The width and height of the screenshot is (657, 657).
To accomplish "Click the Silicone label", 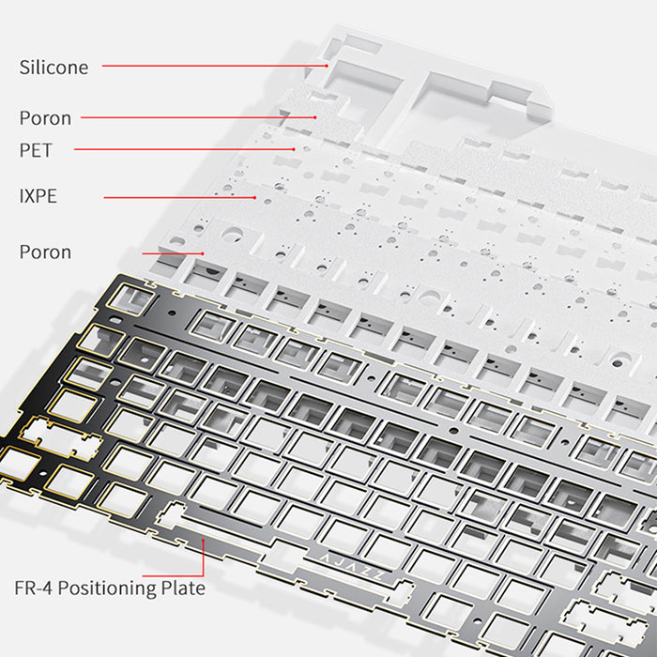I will point(53,68).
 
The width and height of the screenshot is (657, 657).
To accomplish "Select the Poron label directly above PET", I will point(45,118).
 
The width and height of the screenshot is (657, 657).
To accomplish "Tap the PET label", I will point(36,149).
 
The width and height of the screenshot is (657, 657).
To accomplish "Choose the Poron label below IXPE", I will point(45,252).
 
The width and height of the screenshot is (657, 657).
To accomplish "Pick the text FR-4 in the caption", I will point(34,588).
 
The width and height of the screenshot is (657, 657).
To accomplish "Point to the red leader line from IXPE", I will point(178,197).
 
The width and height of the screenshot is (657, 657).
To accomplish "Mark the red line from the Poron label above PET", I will point(197,117).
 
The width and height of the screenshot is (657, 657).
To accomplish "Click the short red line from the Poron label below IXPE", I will point(173,252).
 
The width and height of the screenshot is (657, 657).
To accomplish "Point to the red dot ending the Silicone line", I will point(327,66).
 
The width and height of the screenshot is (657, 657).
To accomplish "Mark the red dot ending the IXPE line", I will point(254,197).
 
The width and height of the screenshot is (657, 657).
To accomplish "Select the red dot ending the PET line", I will point(294,148).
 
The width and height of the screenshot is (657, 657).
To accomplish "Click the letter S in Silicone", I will point(24,68).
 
